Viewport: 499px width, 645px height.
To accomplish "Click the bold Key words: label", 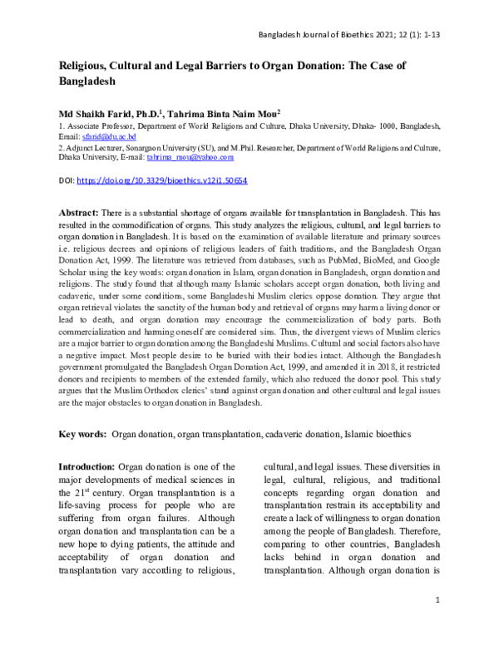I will pyautogui.click(x=82, y=434).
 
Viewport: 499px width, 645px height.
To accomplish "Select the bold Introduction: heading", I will pyautogui.click(x=87, y=467).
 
